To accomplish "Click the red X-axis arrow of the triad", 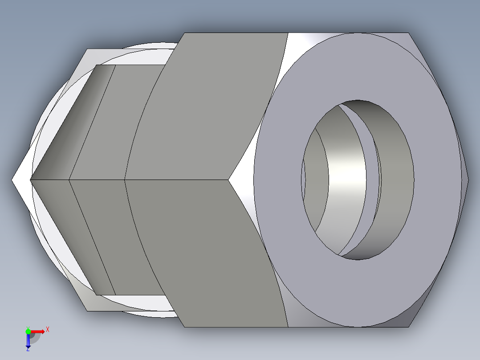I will pos(38,331).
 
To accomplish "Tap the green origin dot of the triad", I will pos(28,331).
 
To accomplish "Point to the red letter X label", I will pos(47,329).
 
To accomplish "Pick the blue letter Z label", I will pos(28,350).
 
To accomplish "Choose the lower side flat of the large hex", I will pos(209,254).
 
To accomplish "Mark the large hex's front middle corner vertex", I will pos(229,180).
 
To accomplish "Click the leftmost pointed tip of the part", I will pos(12,180).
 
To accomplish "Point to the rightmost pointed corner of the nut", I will pos(468,180).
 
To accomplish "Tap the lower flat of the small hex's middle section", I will pos(116,236).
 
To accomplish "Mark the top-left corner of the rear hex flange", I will pos(87,49).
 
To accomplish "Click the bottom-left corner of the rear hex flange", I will pos(87,311).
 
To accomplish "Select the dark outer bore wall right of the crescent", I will pos(396,178).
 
